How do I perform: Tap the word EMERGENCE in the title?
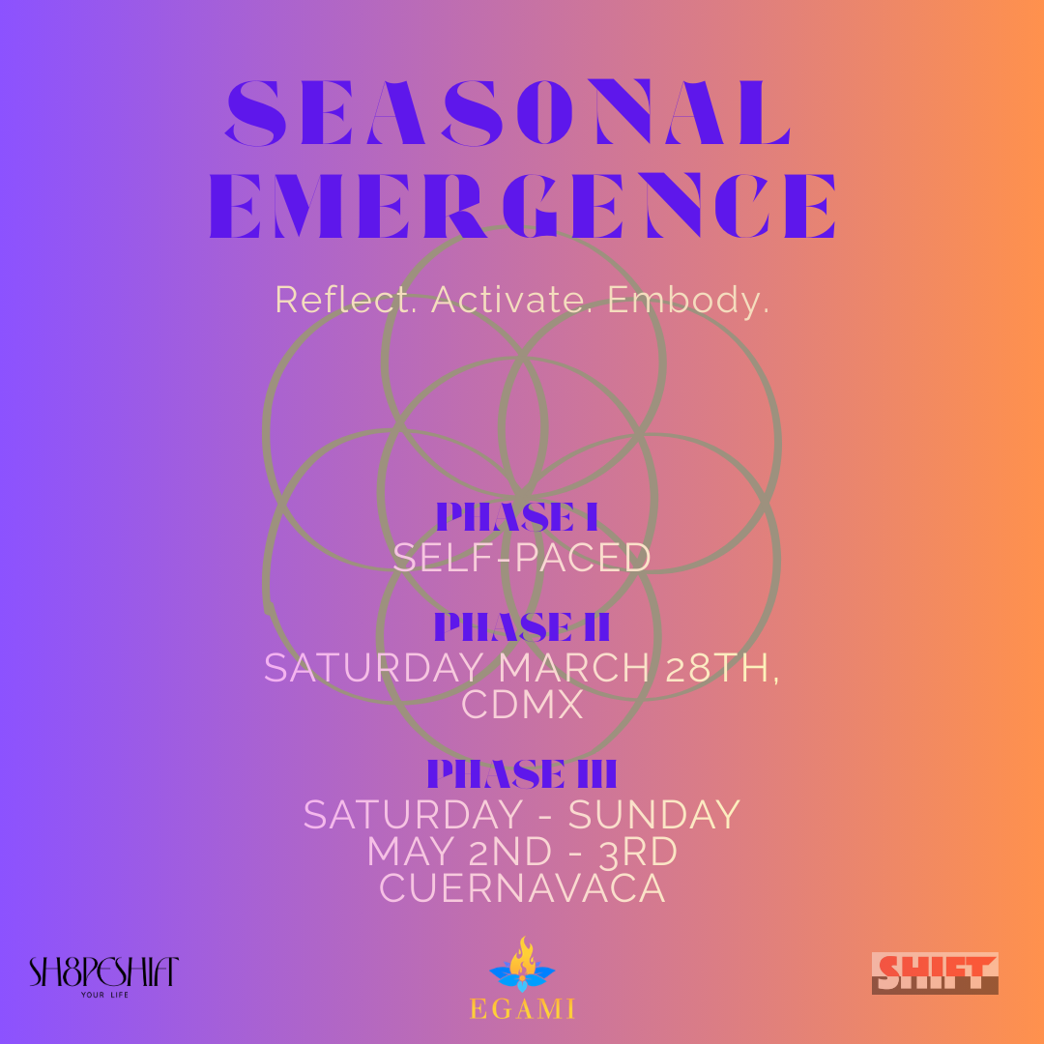click(x=523, y=205)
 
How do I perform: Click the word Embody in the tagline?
click(x=688, y=299)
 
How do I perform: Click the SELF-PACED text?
click(x=522, y=558)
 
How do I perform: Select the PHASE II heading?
click(x=522, y=626)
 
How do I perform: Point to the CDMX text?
click(x=522, y=705)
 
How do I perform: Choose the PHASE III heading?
click(x=522, y=773)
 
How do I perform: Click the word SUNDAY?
click(x=653, y=815)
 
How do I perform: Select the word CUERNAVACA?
click(x=522, y=888)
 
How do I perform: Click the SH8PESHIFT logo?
click(x=104, y=971)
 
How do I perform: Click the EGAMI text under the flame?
click(x=522, y=1009)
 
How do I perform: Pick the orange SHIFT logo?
click(x=935, y=972)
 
